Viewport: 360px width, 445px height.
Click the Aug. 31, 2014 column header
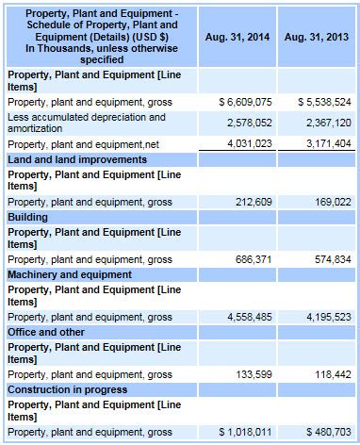[237, 37]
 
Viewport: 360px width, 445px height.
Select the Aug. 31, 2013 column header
[317, 37]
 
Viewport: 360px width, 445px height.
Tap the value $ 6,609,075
[245, 102]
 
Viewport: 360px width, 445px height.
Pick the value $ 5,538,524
[324, 102]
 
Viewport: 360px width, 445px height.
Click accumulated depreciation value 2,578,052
[250, 123]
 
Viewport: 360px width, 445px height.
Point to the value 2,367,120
[329, 123]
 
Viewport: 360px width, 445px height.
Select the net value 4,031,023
[250, 143]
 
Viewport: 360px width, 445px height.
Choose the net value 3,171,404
[329, 143]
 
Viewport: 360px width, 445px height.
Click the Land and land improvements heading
[77, 159]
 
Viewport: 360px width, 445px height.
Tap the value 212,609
[254, 202]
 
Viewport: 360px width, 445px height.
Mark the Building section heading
[27, 217]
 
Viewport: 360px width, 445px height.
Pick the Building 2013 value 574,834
[333, 259]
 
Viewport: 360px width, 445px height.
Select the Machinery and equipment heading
[70, 274]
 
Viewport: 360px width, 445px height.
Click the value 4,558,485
[250, 317]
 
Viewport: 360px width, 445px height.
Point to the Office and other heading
[46, 332]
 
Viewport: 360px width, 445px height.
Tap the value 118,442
[333, 374]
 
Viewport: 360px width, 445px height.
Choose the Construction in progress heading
[68, 389]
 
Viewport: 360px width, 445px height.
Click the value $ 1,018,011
[245, 432]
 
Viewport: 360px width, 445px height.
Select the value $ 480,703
[329, 432]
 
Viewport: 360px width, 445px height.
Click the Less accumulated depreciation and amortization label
[87, 123]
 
